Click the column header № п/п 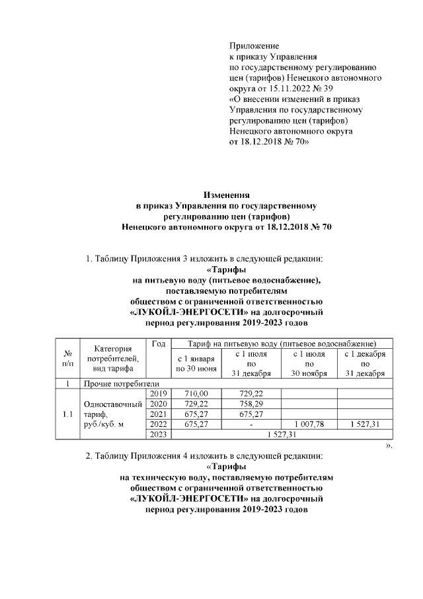[67, 359]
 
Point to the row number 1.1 [67, 414]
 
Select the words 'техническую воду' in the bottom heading [172, 477]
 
